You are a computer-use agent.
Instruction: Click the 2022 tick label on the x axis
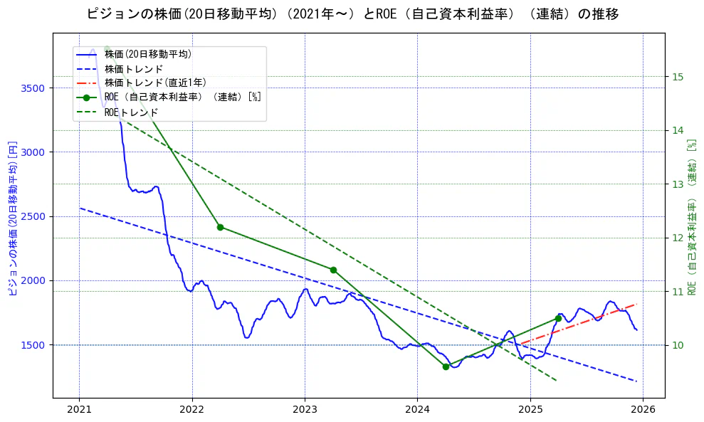(192, 409)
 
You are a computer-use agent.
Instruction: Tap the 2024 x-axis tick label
(417, 409)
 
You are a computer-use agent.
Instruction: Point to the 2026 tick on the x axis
(643, 409)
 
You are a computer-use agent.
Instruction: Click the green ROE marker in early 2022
(220, 227)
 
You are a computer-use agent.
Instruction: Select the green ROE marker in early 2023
(333, 270)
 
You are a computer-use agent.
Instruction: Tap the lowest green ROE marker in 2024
(446, 366)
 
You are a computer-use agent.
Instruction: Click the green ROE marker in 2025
(558, 318)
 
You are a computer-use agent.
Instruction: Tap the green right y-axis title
(691, 217)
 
